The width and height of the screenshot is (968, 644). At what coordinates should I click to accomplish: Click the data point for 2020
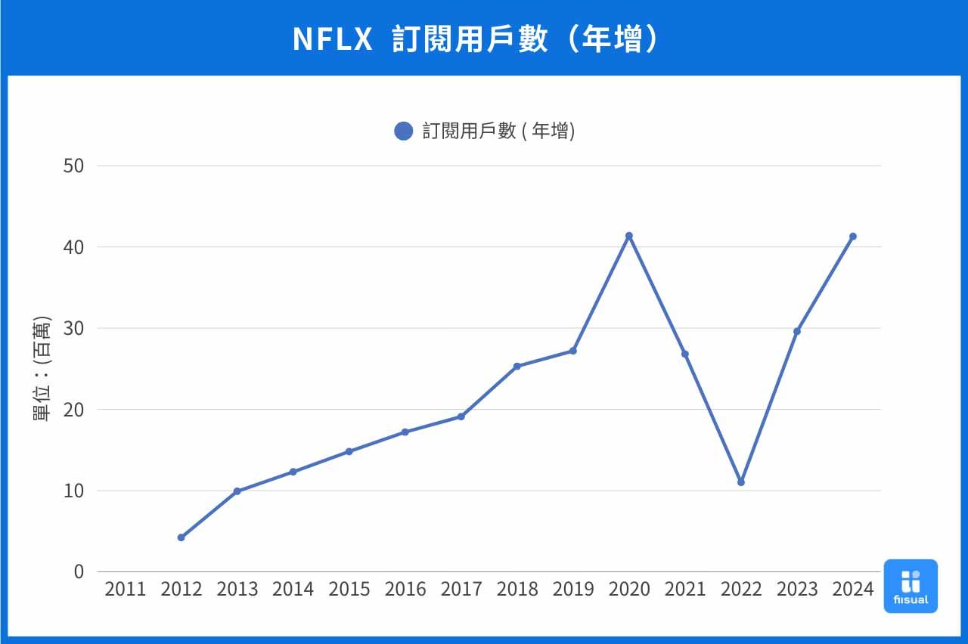(x=628, y=236)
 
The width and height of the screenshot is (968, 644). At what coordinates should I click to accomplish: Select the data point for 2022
(x=740, y=482)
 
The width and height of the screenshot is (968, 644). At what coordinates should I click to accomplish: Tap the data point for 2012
(x=181, y=537)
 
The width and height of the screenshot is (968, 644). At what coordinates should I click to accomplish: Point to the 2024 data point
(x=852, y=237)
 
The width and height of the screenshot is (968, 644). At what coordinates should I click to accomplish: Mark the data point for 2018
(x=517, y=367)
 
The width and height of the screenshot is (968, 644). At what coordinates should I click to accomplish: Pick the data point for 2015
(x=349, y=451)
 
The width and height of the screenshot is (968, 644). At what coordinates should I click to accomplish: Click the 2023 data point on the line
(x=796, y=331)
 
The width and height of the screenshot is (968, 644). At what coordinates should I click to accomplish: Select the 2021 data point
(x=684, y=354)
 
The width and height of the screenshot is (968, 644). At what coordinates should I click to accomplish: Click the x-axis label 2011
(x=126, y=590)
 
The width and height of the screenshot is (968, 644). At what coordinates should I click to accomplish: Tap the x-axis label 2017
(x=461, y=590)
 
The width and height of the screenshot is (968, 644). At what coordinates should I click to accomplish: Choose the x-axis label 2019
(x=573, y=590)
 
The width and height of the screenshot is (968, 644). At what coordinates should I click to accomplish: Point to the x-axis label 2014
(x=293, y=590)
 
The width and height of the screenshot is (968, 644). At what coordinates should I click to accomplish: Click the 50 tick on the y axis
(x=73, y=166)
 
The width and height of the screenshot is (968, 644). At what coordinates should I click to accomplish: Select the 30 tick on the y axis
(x=73, y=328)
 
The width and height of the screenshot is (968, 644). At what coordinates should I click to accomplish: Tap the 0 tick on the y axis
(x=79, y=571)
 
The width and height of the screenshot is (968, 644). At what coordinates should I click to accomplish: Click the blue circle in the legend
(x=404, y=132)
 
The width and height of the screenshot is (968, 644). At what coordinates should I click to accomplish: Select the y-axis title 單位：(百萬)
(x=43, y=368)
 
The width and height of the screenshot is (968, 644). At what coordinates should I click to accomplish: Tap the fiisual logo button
(x=910, y=586)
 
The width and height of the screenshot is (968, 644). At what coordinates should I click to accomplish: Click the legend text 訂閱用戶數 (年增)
(x=498, y=132)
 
